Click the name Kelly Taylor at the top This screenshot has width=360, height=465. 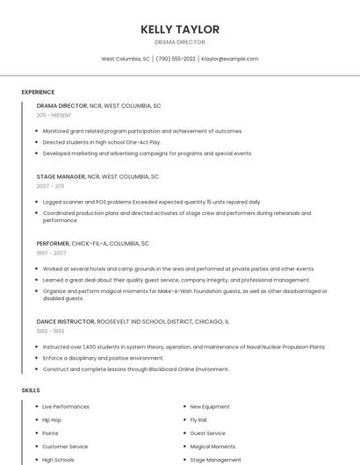click(180, 29)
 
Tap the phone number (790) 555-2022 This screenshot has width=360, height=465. click(176, 59)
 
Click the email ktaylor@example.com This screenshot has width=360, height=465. click(229, 59)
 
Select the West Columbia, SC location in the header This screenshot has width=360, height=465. click(126, 59)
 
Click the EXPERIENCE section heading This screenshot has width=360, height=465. click(38, 92)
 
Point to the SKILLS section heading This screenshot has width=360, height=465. click(31, 390)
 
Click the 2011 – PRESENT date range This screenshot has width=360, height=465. click(54, 115)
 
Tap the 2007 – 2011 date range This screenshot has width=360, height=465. click(50, 186)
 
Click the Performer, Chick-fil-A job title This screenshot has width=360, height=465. click(92, 243)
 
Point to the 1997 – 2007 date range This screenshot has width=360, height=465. click(50, 253)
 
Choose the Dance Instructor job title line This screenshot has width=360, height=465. click(132, 321)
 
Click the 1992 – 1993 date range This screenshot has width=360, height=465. click(50, 331)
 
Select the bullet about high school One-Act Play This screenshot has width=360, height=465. click(102, 142)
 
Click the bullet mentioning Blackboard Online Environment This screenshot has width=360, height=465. click(136, 369)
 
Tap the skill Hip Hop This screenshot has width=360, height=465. click(52, 420)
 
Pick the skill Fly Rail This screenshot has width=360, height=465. click(198, 420)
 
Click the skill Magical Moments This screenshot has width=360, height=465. click(212, 447)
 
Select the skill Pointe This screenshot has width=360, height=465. click(51, 433)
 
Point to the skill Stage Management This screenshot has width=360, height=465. click(215, 460)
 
